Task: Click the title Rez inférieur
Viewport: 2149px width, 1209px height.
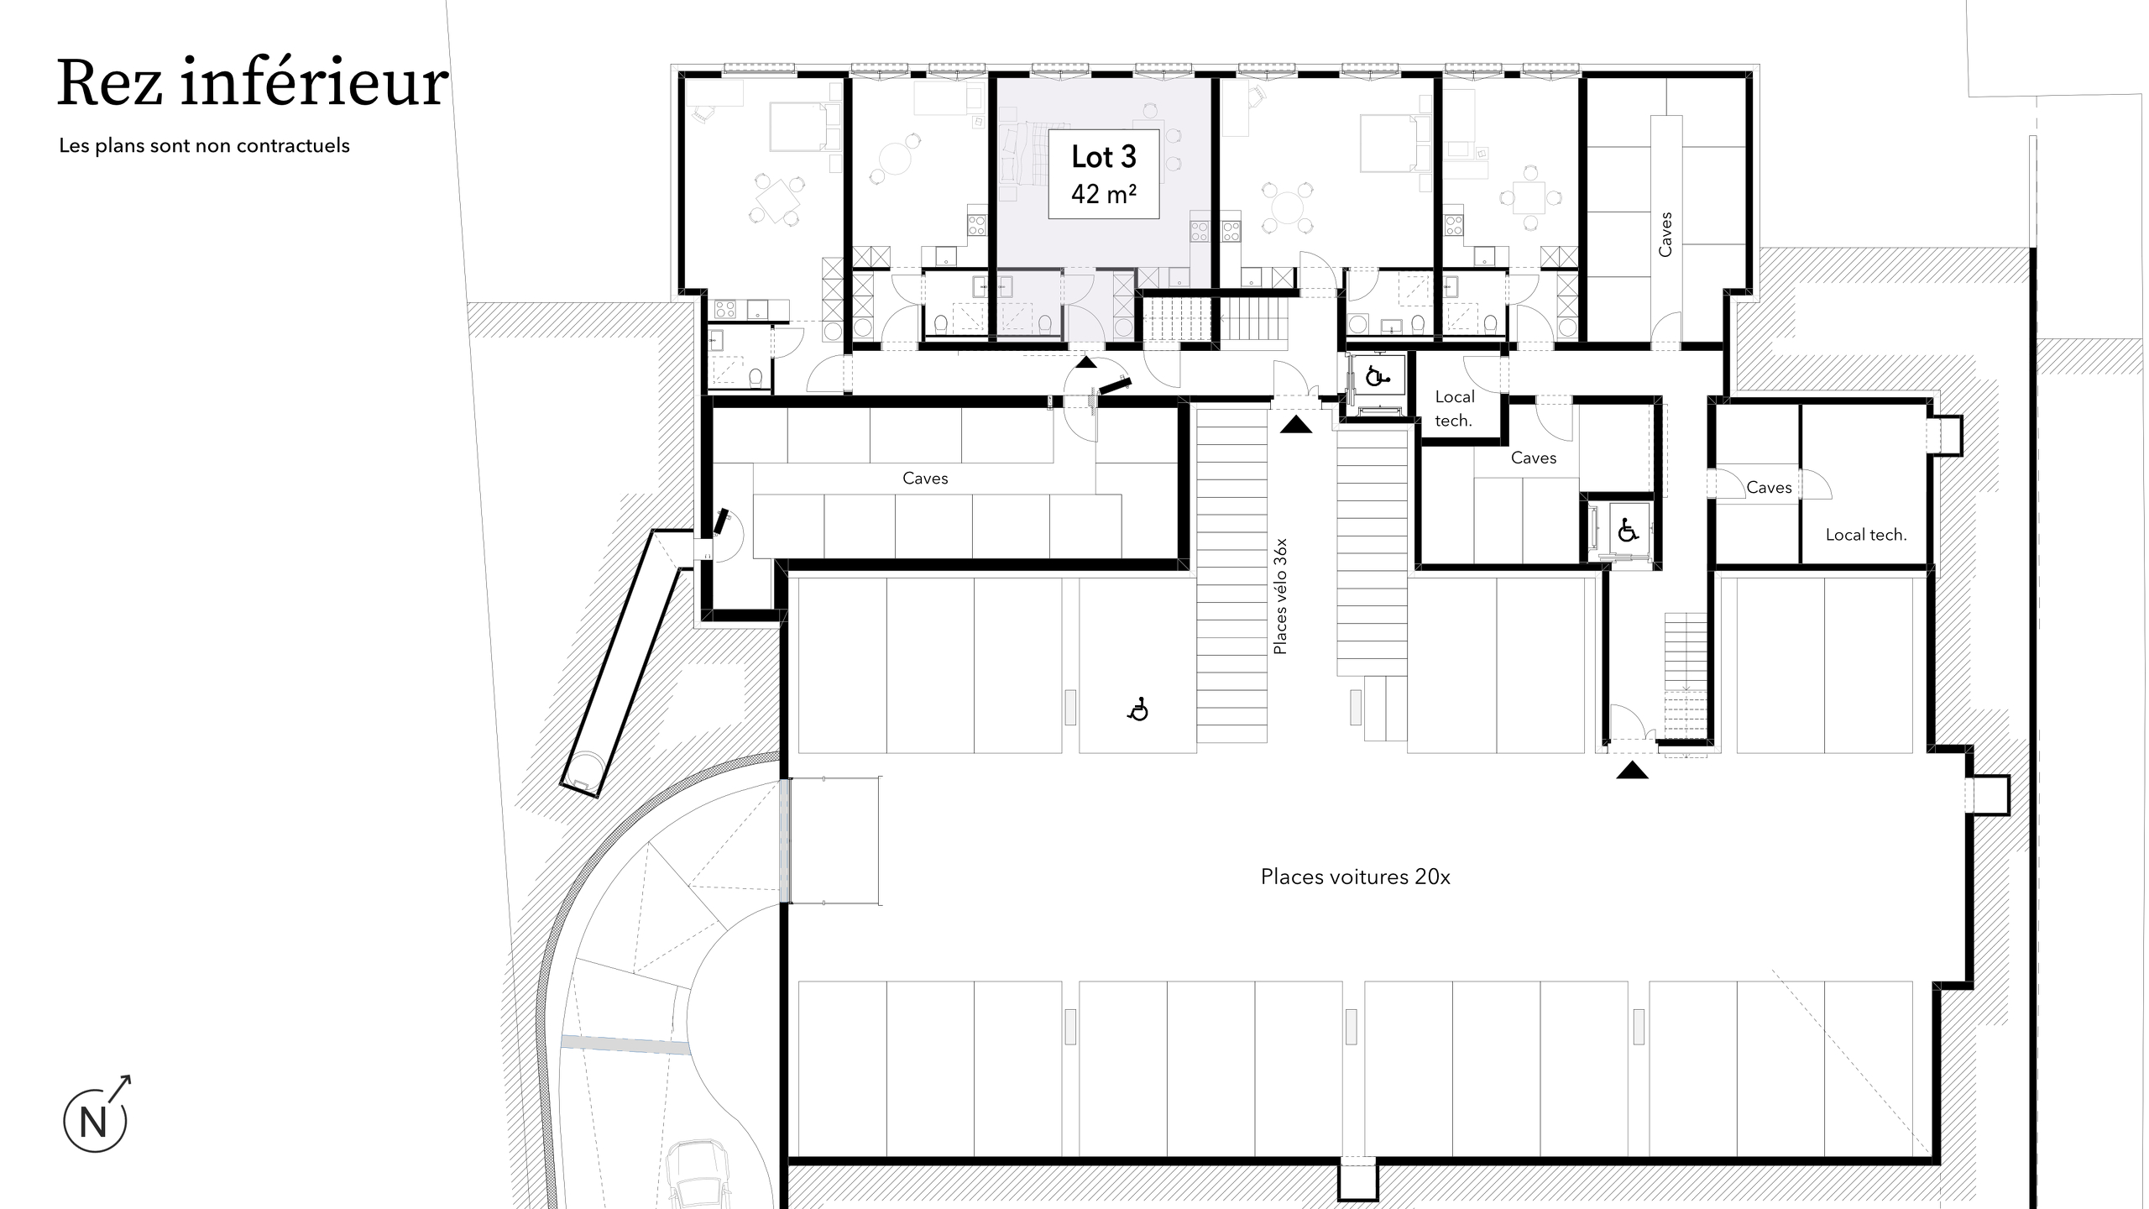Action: [x=252, y=84]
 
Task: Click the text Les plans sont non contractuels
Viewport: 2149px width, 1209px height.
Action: [x=204, y=146]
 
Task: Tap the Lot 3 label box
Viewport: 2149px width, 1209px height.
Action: [x=1104, y=174]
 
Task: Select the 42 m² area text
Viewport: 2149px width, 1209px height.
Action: [x=1104, y=195]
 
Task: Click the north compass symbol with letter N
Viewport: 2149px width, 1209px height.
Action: [x=95, y=1122]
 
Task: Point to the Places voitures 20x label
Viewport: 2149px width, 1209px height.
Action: [x=1355, y=877]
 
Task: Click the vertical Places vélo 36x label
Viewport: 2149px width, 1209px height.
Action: [x=1279, y=596]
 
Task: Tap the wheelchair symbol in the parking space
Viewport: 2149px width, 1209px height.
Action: [x=1137, y=710]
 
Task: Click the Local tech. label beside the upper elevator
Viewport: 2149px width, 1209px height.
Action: [x=1454, y=409]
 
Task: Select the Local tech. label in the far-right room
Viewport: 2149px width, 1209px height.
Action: [x=1865, y=535]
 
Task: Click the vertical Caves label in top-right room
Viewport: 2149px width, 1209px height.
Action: [x=1665, y=234]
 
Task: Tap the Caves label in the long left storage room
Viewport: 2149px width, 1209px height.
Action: [x=925, y=479]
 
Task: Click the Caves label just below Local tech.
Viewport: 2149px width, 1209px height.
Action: [x=1533, y=458]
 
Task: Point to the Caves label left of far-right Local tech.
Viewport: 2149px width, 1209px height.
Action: [x=1769, y=488]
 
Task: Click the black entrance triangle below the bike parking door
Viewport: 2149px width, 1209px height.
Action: [x=1296, y=425]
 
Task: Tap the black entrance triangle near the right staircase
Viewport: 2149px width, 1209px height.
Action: [x=1632, y=771]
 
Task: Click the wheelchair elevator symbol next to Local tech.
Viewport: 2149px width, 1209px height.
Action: [x=1375, y=377]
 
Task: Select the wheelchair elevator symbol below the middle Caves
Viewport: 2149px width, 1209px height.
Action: [x=1628, y=531]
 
